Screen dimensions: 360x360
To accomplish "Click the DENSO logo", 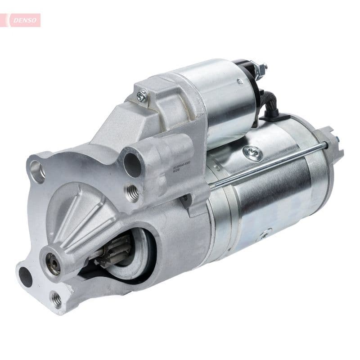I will coord(23,20).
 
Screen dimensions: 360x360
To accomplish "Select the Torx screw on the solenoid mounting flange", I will coord(142,95).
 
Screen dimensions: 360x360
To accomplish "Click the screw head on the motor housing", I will coord(252,153).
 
